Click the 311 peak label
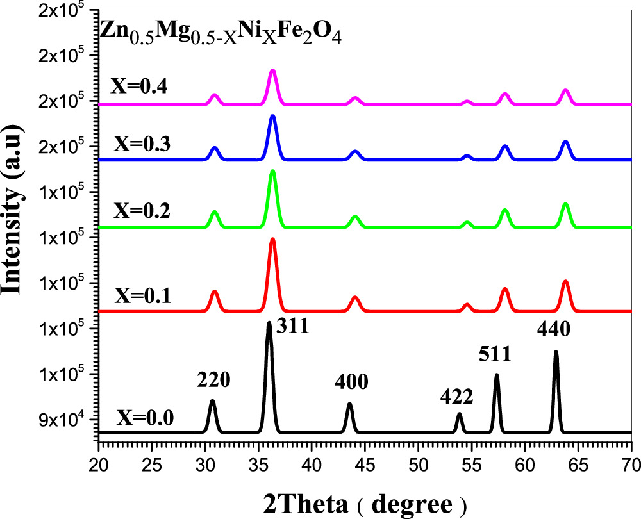[x=293, y=327]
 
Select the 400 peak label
[x=352, y=383]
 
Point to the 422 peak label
[x=456, y=397]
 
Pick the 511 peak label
[x=494, y=354]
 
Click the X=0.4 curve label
[x=140, y=87]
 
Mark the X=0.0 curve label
[x=145, y=420]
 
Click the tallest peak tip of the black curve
[x=269, y=323]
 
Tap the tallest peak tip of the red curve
[x=272, y=239]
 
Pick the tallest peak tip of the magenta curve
[x=272, y=70]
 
